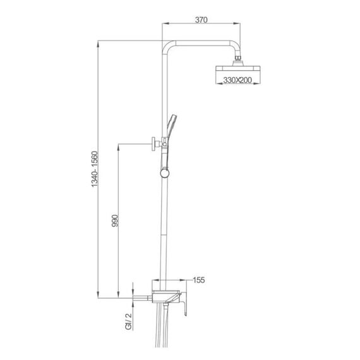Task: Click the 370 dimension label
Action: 201,20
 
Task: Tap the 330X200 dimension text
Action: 237,80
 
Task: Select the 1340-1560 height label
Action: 95,169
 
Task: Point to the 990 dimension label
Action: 115,220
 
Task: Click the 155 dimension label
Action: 199,280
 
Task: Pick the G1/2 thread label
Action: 129,321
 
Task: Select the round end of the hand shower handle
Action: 165,173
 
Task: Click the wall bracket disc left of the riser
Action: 153,144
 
